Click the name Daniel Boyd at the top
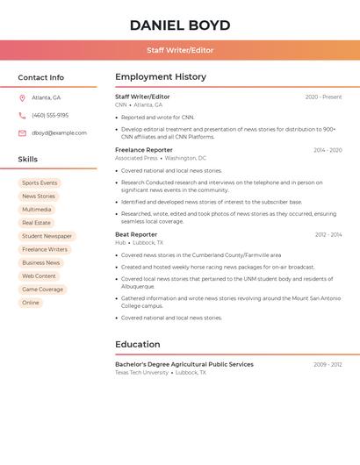(x=180, y=25)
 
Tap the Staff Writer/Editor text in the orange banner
(x=180, y=50)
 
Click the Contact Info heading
(x=40, y=77)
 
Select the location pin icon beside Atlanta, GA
(x=22, y=98)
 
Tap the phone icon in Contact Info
(x=22, y=116)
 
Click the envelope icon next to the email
(x=22, y=133)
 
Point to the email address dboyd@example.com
(x=59, y=133)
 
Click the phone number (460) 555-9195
(x=50, y=116)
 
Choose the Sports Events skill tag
(x=40, y=183)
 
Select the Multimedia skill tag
(x=37, y=210)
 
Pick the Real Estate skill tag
(x=36, y=223)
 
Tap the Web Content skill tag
(x=39, y=276)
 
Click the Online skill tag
(x=31, y=303)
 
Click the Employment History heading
(x=161, y=77)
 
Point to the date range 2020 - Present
(x=323, y=97)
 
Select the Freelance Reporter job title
(x=144, y=150)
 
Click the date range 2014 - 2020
(x=328, y=150)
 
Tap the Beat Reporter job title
(x=136, y=235)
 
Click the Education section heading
(x=137, y=345)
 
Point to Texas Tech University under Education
(x=141, y=373)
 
